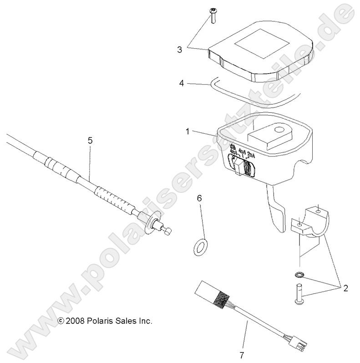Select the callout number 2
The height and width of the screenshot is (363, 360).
pos(345,287)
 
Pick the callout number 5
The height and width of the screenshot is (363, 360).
pos(90,141)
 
